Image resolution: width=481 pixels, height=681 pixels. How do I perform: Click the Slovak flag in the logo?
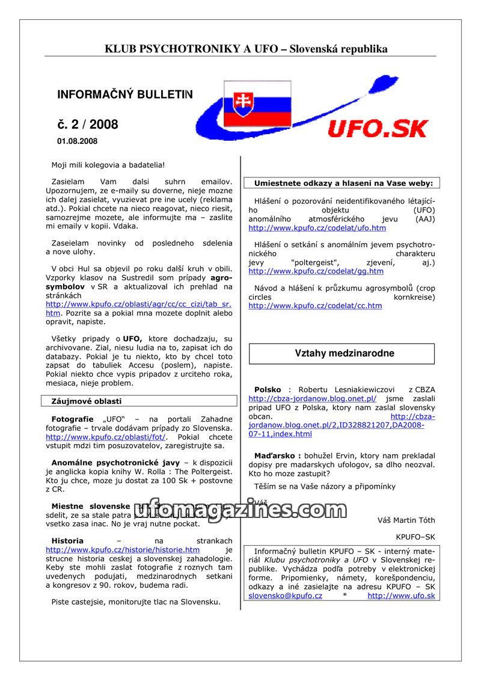coord(257,103)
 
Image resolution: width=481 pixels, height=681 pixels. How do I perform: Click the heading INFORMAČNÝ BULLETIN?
coord(125,94)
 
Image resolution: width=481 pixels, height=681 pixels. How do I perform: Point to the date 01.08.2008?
coord(77,141)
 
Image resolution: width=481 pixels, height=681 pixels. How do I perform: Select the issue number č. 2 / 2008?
coord(88,125)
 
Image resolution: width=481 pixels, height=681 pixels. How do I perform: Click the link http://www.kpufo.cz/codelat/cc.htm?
coord(315,306)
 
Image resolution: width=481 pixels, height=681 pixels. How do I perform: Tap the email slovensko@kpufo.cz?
coord(285,596)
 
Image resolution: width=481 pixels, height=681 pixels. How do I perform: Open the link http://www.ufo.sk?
coord(401,596)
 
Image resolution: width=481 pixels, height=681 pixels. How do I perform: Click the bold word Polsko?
coord(268,390)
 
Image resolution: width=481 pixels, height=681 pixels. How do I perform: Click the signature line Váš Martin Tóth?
coord(406,520)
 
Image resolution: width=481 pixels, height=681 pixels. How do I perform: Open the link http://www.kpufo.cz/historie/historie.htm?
coord(123,550)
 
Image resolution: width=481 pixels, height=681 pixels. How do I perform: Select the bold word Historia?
coord(67,541)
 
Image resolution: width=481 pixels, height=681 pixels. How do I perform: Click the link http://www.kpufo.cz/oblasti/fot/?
coord(106,437)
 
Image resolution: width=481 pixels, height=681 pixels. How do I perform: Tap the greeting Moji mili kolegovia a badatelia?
coord(108,164)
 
